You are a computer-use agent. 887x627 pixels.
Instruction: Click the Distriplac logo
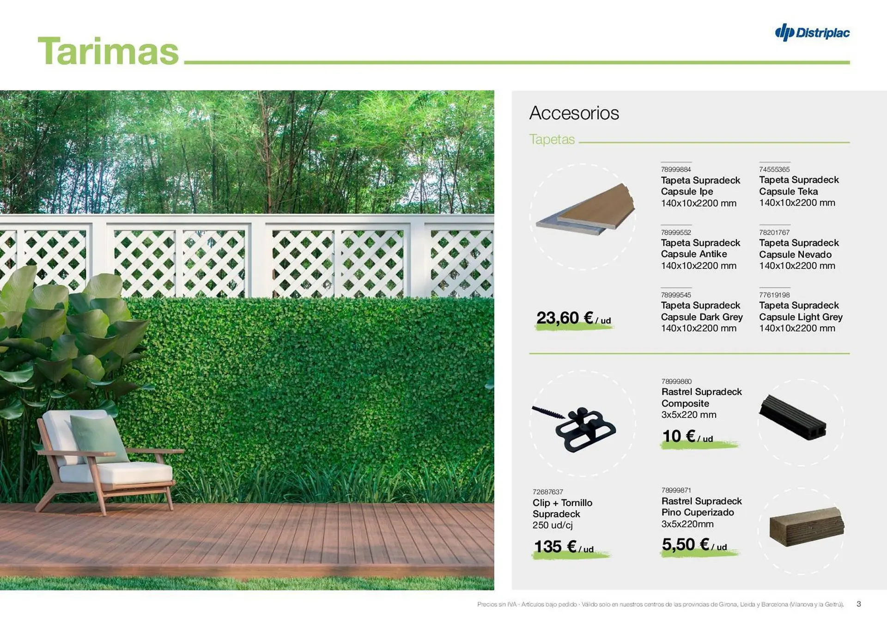[x=812, y=32]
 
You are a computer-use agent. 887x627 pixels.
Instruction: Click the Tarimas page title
[x=108, y=51]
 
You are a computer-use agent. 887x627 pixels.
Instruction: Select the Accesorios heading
[x=574, y=113]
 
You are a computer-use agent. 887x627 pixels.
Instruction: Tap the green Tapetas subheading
[x=552, y=139]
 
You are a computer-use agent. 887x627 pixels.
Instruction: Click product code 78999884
[x=676, y=170]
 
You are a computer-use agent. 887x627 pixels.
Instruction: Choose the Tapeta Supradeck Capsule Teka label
[x=799, y=186]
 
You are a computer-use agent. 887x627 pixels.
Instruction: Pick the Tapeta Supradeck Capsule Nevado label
[x=799, y=249]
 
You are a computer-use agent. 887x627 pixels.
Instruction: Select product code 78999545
[x=676, y=295]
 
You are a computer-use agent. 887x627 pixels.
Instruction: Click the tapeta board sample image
[x=585, y=209]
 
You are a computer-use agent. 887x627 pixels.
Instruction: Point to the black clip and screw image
[x=574, y=428]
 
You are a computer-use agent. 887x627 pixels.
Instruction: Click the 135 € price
[x=564, y=547]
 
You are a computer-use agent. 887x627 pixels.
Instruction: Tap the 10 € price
[x=687, y=437]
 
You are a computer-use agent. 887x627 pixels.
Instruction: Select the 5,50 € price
[x=694, y=545]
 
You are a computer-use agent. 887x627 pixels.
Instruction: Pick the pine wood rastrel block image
[x=807, y=527]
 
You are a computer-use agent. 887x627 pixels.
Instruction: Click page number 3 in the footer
[x=859, y=604]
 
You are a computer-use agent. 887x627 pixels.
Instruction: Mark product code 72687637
[x=547, y=492]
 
